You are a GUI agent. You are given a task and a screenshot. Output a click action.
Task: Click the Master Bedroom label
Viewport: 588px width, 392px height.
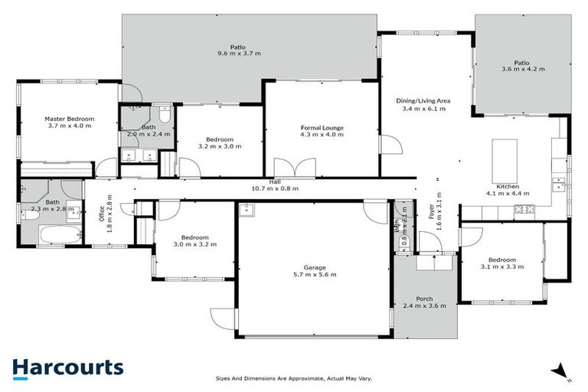69,119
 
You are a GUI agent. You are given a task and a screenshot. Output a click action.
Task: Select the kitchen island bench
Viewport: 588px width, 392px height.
507,155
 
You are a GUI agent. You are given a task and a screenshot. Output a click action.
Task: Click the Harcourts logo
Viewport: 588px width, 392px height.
67,367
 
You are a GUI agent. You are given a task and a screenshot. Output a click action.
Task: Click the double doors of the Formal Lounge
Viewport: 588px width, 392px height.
296,167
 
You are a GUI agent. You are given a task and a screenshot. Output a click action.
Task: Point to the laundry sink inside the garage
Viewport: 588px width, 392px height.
247,211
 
